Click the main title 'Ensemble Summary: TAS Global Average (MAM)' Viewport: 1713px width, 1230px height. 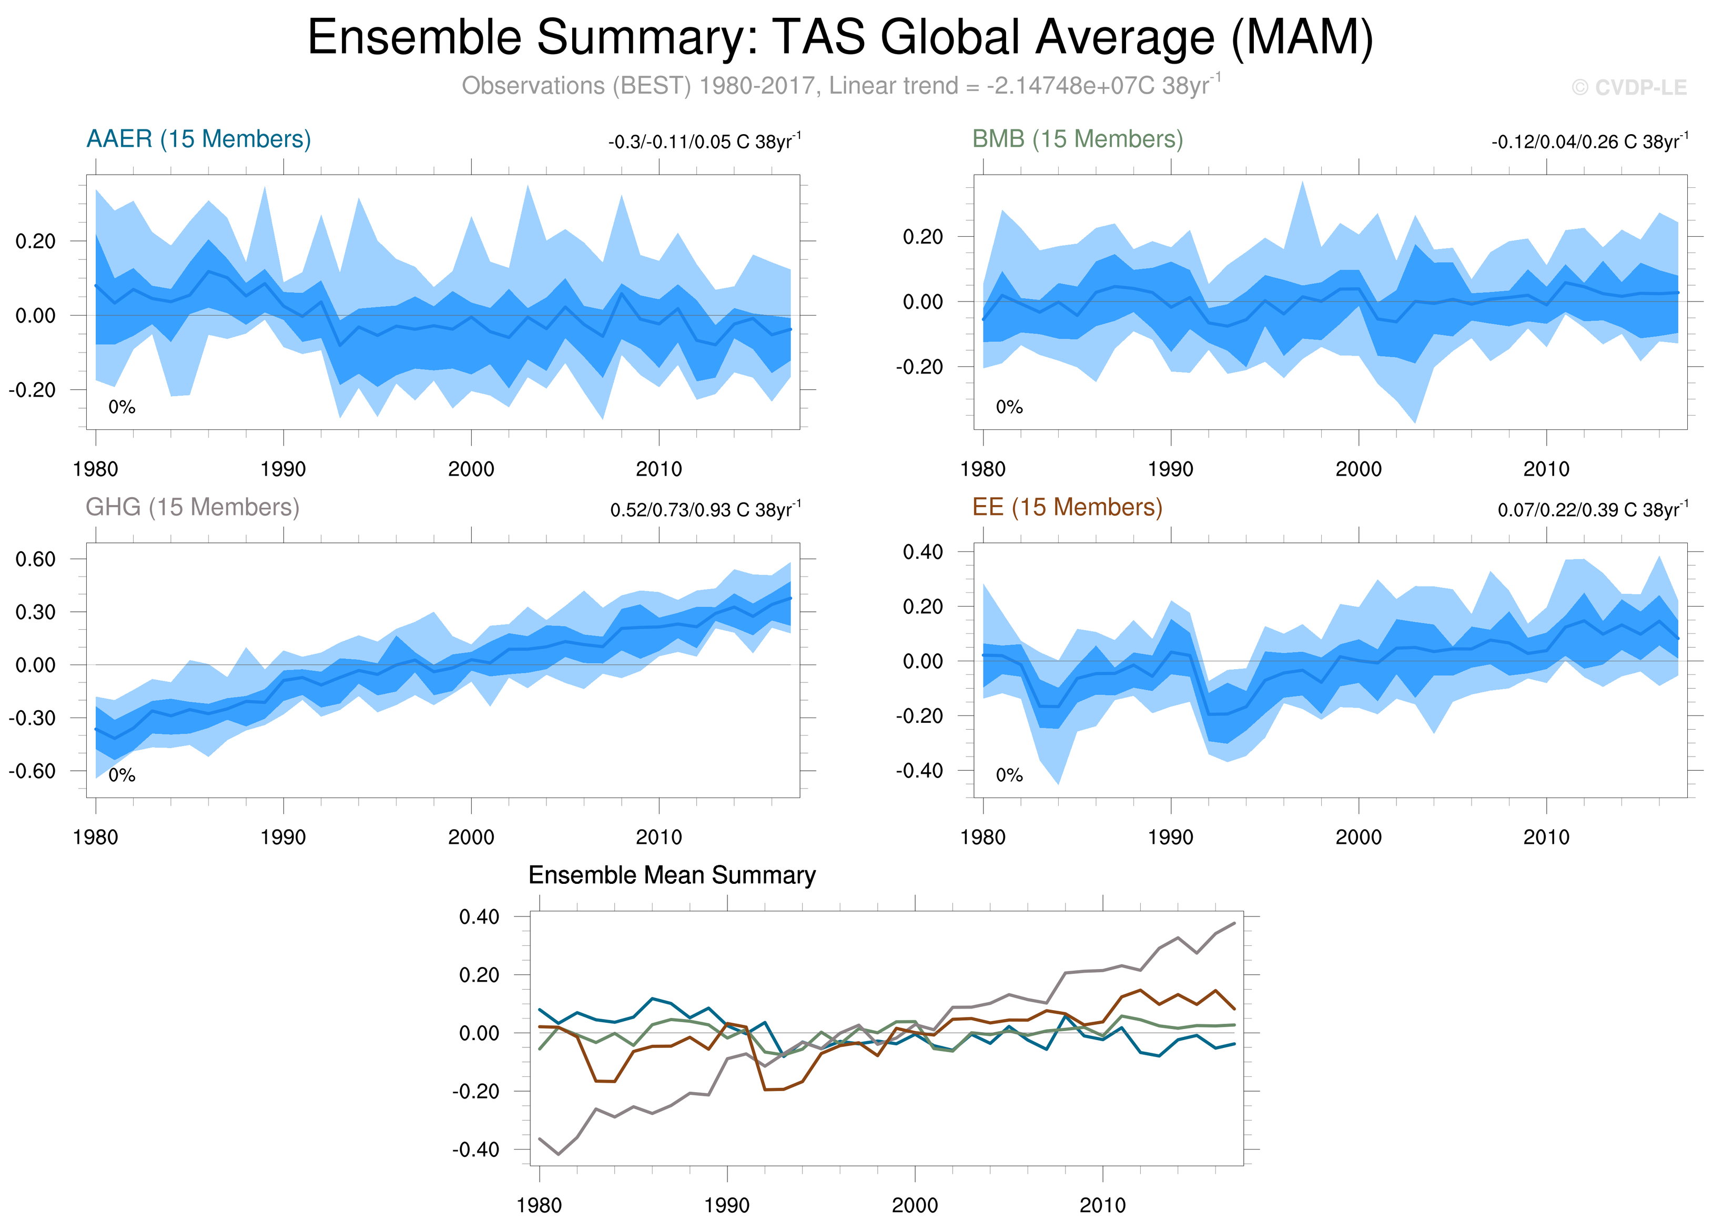click(x=840, y=38)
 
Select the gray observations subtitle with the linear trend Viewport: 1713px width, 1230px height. click(x=840, y=85)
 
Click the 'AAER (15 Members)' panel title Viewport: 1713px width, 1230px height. click(x=199, y=139)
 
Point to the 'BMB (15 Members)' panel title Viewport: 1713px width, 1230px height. click(x=1077, y=139)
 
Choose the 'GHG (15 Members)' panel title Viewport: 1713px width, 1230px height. click(x=192, y=507)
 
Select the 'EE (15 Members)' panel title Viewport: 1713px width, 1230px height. click(x=1067, y=507)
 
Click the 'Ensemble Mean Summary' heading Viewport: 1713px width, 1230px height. click(x=672, y=875)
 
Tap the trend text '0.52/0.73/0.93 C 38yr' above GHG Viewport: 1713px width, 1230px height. click(x=705, y=510)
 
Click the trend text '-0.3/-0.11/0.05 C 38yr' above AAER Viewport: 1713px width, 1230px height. click(x=704, y=142)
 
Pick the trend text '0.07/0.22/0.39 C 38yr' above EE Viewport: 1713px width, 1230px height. click(x=1592, y=510)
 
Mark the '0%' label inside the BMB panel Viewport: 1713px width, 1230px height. click(x=1009, y=407)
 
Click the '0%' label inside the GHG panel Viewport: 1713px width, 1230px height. click(x=121, y=775)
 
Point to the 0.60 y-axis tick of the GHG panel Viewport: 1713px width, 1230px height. click(x=35, y=559)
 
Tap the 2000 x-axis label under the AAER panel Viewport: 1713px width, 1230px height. click(x=471, y=469)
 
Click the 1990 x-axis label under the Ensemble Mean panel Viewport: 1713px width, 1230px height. click(x=726, y=1205)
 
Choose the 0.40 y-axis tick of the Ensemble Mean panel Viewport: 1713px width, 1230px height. click(x=479, y=916)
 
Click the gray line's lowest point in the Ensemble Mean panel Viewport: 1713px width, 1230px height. click(x=558, y=1154)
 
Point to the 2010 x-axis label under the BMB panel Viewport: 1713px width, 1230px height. click(x=1546, y=469)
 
